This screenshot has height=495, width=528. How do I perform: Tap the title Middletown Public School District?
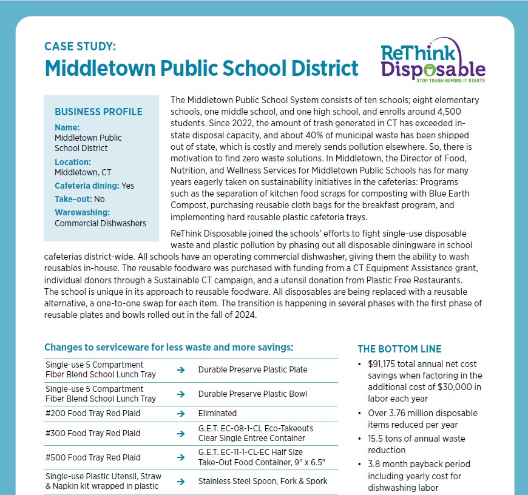pos(201,68)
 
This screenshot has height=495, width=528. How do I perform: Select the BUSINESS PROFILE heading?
pos(98,112)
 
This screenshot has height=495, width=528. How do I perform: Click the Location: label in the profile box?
pos(73,162)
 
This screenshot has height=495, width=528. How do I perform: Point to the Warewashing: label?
pos(82,212)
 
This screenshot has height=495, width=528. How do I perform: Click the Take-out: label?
pos(73,198)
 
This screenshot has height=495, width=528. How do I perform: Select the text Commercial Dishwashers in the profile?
pos(100,223)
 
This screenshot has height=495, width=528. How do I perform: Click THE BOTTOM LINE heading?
pos(399,349)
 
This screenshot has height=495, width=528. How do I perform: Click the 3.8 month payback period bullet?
pos(419,464)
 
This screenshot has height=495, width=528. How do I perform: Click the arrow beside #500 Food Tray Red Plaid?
pos(180,457)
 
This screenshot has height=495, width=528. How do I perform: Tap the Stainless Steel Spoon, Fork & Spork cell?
pos(263,481)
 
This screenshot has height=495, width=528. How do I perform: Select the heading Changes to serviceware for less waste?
pos(169,348)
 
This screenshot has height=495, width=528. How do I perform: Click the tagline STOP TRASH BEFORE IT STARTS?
pos(450,79)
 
